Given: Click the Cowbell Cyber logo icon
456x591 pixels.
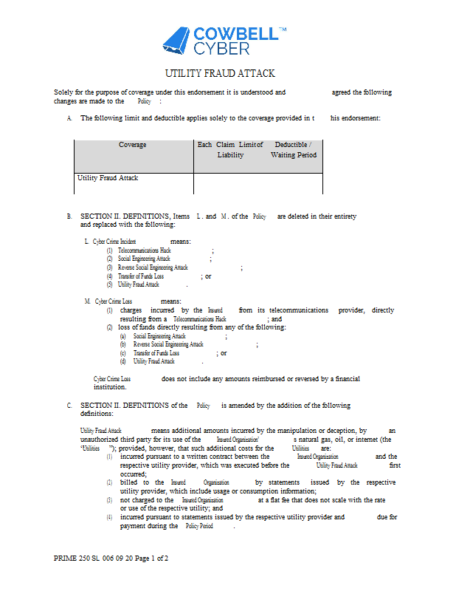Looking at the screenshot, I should pyautogui.click(x=176, y=41).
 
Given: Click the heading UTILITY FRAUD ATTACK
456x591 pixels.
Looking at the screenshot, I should pyautogui.click(x=220, y=73).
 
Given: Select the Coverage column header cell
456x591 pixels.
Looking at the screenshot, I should pyautogui.click(x=133, y=145).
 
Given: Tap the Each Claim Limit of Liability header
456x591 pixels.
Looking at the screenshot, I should pyautogui.click(x=230, y=150).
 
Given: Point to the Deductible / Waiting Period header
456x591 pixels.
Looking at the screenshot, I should pyautogui.click(x=294, y=150).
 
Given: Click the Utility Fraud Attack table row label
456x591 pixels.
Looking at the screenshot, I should pyautogui.click(x=108, y=178).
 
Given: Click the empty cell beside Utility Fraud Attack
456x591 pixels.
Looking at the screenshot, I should pyautogui.click(x=258, y=182).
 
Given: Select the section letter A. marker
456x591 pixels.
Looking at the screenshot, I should pyautogui.click(x=69, y=118).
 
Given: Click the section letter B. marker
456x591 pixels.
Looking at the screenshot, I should pyautogui.click(x=69, y=216).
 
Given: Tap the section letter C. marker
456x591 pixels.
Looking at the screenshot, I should pyautogui.click(x=69, y=406).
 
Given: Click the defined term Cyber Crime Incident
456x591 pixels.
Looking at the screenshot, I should pyautogui.click(x=114, y=242).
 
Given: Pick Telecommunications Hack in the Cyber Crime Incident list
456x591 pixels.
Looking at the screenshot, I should pyautogui.click(x=145, y=250).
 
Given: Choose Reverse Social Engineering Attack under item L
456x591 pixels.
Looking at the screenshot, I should pyautogui.click(x=153, y=267).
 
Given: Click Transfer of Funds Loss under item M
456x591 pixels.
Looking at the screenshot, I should pyautogui.click(x=156, y=353).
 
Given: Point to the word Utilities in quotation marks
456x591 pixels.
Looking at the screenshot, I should pyautogui.click(x=91, y=448).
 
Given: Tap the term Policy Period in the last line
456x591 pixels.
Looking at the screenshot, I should pyautogui.click(x=199, y=526).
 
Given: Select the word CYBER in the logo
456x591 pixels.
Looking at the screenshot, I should pyautogui.click(x=222, y=49).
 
